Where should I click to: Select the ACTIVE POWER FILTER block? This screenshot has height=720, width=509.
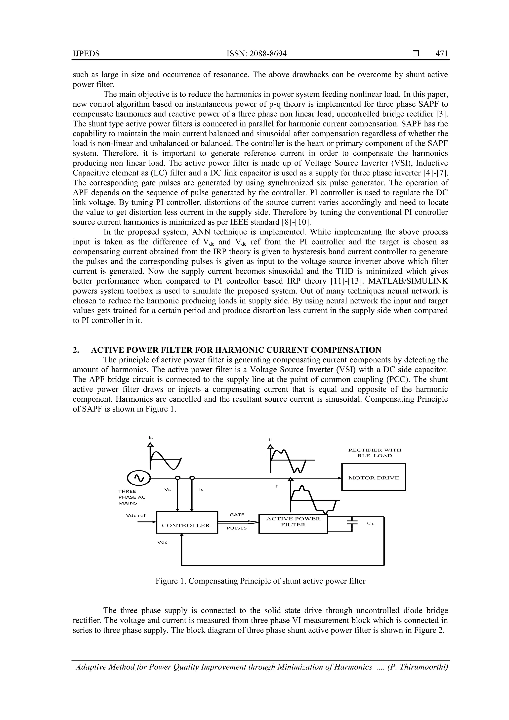(x=293, y=523)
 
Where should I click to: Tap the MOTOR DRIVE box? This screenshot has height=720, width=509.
(x=373, y=478)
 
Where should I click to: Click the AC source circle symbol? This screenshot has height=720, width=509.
(x=139, y=478)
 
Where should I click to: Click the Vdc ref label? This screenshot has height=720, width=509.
(x=136, y=515)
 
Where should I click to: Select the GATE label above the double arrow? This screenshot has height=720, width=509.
(x=237, y=515)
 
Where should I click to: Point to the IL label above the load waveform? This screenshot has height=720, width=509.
(x=271, y=440)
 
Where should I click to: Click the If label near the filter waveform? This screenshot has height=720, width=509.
(x=276, y=486)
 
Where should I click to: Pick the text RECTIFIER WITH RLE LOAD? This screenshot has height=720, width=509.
(x=375, y=453)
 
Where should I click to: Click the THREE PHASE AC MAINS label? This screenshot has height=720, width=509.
(x=132, y=497)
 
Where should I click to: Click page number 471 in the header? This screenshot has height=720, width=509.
(x=442, y=54)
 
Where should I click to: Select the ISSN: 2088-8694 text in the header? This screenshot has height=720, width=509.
(x=256, y=54)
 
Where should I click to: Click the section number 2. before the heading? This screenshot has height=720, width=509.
(x=76, y=350)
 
